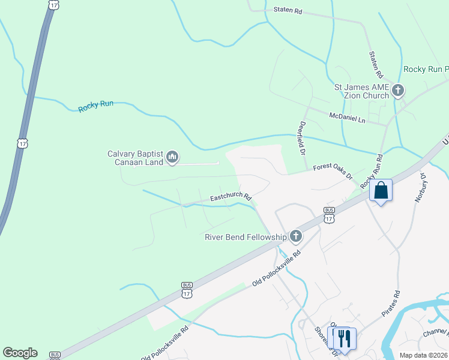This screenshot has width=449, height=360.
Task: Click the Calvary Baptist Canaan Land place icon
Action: (x=172, y=158)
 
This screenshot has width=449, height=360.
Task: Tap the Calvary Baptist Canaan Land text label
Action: (x=136, y=158)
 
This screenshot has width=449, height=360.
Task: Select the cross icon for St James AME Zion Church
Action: (x=397, y=91)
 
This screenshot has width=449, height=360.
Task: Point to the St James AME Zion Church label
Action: (x=361, y=91)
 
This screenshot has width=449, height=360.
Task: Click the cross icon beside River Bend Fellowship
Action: (x=295, y=236)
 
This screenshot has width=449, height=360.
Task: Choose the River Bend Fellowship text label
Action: (x=246, y=237)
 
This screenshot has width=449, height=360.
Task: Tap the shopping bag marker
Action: (x=381, y=191)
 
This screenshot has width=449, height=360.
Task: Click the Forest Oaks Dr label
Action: (x=333, y=172)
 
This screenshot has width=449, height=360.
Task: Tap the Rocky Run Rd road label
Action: (x=372, y=172)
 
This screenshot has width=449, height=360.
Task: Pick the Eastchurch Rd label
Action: (x=231, y=197)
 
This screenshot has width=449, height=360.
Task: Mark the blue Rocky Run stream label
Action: (x=96, y=107)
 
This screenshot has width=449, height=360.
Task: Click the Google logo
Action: (x=20, y=353)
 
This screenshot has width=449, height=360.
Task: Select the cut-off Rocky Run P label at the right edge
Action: (x=426, y=70)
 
